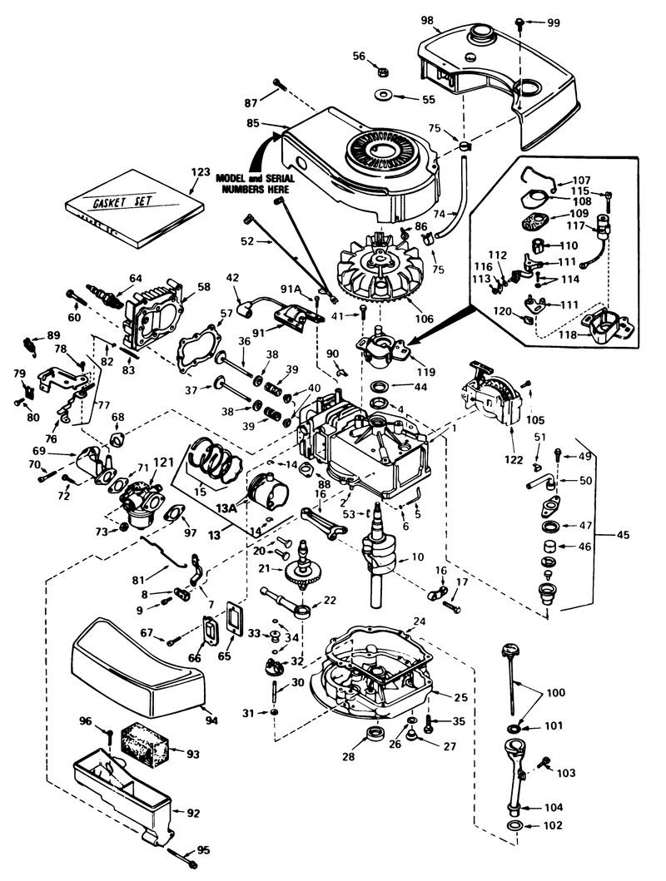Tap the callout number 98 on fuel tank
(427, 19)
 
